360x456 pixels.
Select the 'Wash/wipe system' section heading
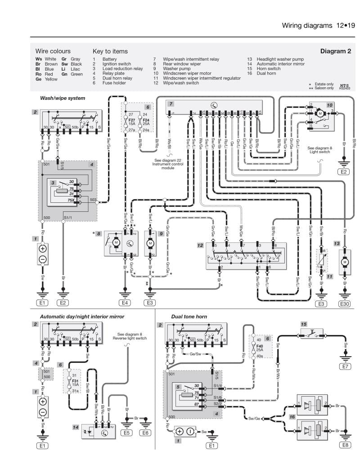coord(63,98)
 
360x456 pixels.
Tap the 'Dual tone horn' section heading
coord(189,317)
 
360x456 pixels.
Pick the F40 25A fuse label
coord(260,347)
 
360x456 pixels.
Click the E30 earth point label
coord(345,304)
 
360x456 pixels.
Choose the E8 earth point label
coord(346,445)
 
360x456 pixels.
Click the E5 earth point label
coord(127,433)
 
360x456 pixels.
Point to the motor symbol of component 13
coord(345,262)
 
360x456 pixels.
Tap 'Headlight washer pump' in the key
coord(280,59)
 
